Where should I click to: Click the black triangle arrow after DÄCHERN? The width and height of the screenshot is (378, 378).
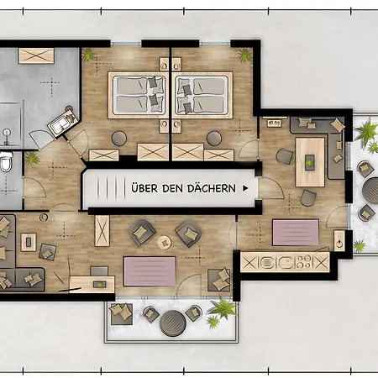point(245,188)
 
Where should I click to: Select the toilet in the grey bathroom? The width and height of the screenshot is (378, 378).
point(6,161)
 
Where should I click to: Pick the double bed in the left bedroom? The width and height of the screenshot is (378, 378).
point(139,95)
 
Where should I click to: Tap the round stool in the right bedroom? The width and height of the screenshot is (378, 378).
point(214,139)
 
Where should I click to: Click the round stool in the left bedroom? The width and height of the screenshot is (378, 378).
point(119,139)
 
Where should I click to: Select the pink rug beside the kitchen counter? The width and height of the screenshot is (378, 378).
point(296,233)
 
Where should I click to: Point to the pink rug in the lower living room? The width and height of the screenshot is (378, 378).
point(150,271)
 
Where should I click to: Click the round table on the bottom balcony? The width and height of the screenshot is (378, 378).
point(173,323)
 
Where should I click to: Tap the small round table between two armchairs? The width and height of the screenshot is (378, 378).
point(164,242)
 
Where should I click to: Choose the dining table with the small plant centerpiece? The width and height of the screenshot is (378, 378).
point(310,162)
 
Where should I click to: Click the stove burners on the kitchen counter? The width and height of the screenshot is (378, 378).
point(304,262)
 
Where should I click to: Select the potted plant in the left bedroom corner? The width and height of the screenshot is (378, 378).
point(89,55)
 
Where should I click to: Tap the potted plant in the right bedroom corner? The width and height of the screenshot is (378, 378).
point(245,55)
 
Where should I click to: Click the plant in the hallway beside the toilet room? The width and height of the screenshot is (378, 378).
point(32,159)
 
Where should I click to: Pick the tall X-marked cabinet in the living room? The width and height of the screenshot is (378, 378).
point(102,231)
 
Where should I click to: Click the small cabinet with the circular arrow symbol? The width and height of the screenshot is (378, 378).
point(339,241)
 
